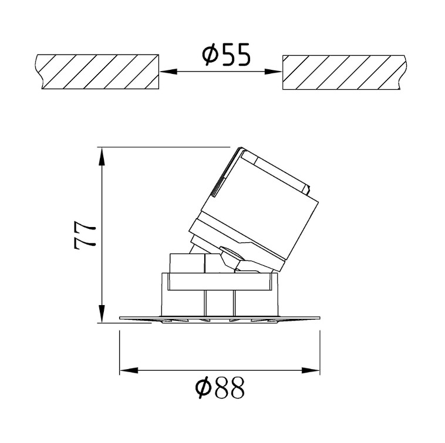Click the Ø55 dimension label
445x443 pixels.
click(226, 55)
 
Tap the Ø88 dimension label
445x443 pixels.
click(220, 387)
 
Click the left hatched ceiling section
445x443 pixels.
click(97, 72)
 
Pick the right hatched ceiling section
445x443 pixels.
click(343, 72)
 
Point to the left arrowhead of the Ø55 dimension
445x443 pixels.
click(169, 72)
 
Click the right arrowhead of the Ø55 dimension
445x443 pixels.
click(273, 72)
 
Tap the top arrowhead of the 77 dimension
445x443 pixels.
click(102, 156)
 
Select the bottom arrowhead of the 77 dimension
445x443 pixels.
click(102, 313)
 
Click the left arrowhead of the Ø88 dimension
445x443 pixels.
click(129, 370)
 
